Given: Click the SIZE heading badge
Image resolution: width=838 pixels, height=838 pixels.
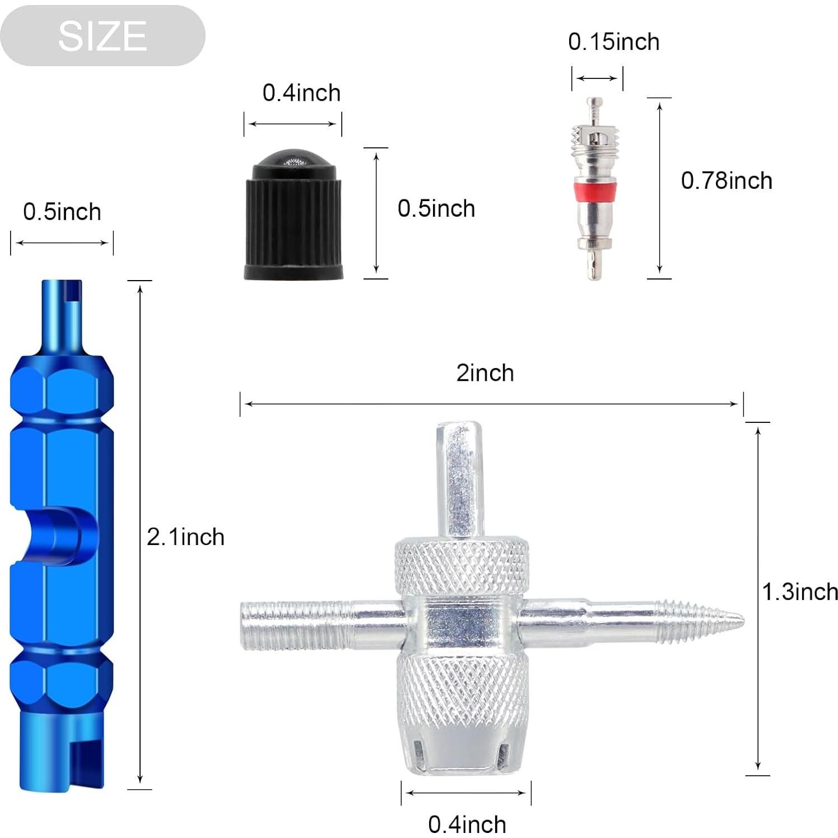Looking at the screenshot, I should point(103,36).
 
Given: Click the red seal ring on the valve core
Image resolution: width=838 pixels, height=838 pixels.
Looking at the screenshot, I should point(597,189).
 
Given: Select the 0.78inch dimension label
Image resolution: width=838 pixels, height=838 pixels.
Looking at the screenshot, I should point(727,181).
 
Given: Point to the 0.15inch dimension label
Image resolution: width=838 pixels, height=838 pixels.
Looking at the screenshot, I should point(613,42).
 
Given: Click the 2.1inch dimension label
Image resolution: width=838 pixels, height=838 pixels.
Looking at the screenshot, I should point(185,537).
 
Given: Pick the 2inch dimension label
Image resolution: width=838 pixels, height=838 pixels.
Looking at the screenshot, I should point(485,373).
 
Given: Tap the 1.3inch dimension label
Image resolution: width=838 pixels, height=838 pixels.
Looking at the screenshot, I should point(800,592).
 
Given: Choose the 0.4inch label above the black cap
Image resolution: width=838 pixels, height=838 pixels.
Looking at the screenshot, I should point(301,93).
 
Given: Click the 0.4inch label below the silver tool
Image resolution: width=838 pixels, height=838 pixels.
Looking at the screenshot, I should point(467,824).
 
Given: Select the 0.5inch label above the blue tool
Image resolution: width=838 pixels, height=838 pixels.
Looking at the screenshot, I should point(62,212).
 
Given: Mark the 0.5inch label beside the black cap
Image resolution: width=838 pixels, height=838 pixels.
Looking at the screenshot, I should point(436,209).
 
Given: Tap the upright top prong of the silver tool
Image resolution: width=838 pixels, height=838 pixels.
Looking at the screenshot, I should point(460,476).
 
